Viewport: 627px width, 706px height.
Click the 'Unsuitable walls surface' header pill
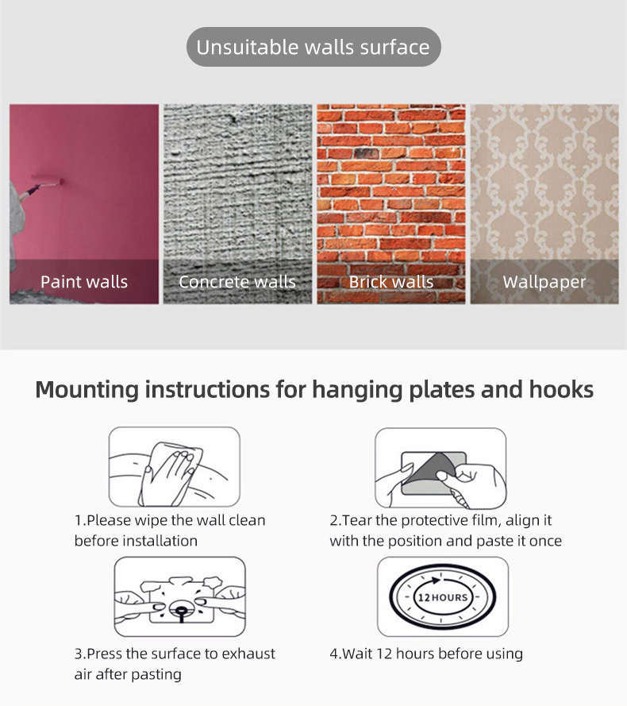(313, 47)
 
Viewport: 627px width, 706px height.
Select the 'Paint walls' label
(84, 282)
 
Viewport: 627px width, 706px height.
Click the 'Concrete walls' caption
(237, 282)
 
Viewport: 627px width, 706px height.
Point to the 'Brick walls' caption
(391, 282)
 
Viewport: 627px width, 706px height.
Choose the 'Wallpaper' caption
(544, 282)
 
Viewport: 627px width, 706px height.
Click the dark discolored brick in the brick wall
(367, 153)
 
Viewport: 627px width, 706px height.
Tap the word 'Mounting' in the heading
(87, 390)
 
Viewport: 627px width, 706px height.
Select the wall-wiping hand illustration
(174, 467)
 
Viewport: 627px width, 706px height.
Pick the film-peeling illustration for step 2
(440, 469)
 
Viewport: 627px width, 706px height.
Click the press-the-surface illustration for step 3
(179, 596)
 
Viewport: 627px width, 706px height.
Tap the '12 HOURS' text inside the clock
(443, 597)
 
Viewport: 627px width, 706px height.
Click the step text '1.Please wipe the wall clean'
(170, 520)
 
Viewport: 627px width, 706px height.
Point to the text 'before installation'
(136, 541)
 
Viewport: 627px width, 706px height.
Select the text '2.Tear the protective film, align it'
(440, 520)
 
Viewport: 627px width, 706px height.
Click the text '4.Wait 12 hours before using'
(426, 654)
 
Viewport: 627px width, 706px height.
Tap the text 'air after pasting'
(128, 674)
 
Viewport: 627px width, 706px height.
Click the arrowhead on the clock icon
(436, 580)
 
